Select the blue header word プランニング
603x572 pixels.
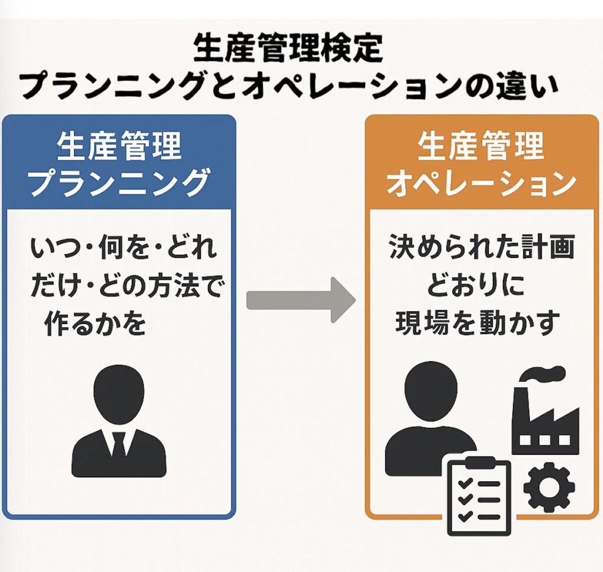click(x=120, y=183)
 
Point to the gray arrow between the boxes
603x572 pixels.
click(x=300, y=300)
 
